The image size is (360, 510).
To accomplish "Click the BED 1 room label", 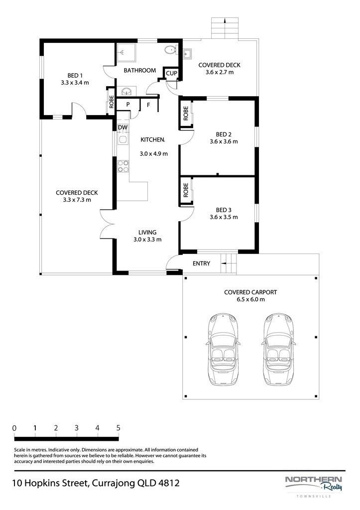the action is click(x=73, y=76).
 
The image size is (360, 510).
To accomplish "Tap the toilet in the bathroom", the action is click(x=170, y=50).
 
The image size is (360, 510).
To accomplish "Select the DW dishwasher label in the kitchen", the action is click(x=122, y=127).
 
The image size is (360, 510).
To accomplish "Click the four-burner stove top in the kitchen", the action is click(x=123, y=166).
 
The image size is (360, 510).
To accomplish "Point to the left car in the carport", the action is click(x=224, y=350).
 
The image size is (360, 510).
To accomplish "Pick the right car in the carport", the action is click(x=279, y=350).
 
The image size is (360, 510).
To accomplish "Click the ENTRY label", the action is click(x=201, y=263).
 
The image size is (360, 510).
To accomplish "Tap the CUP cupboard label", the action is click(x=171, y=73).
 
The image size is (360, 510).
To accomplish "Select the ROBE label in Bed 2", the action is click(x=186, y=114).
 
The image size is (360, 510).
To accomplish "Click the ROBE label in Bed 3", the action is click(x=186, y=190).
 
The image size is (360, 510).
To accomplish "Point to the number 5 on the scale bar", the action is click(x=118, y=428).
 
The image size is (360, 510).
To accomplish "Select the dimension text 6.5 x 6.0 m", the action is click(x=251, y=299).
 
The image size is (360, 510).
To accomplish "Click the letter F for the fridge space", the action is click(x=148, y=105).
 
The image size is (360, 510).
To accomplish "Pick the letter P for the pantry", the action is click(x=128, y=105).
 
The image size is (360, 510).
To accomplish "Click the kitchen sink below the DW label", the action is click(x=122, y=140).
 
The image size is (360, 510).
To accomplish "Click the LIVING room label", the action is click(x=147, y=232).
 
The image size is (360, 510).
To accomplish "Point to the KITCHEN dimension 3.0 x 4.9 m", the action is click(x=154, y=153).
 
